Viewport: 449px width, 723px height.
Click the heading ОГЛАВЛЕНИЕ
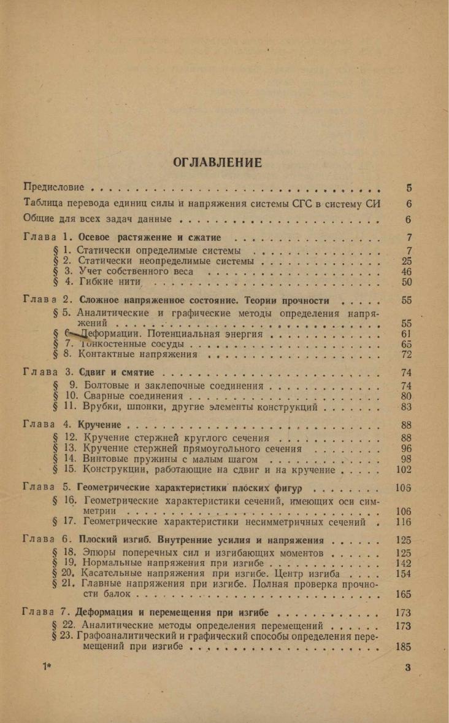coord(218,162)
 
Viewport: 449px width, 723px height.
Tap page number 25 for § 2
coord(406,261)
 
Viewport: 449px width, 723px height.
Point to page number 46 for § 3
coord(406,272)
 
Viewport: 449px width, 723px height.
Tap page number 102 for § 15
coord(404,471)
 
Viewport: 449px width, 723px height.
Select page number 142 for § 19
coord(404,563)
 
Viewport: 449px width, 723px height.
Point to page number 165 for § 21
coord(404,595)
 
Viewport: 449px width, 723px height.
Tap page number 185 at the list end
coord(404,647)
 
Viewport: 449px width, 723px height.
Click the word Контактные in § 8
coord(109,355)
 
